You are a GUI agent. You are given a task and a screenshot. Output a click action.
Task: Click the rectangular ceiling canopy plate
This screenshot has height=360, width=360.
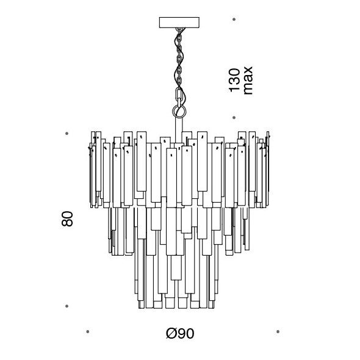[x=179, y=22]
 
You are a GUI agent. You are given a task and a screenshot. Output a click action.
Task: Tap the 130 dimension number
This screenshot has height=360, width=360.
[x=234, y=80]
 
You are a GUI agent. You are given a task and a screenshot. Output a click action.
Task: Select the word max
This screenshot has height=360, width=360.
[x=248, y=81]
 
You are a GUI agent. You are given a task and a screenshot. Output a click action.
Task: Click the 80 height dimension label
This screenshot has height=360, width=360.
[x=67, y=219]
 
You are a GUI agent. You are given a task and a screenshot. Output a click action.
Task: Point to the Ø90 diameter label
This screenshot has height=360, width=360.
[x=180, y=333]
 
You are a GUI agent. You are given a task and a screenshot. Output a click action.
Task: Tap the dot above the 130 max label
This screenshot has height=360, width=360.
[x=234, y=20]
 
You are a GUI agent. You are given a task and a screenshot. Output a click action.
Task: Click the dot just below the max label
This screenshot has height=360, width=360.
[x=234, y=118]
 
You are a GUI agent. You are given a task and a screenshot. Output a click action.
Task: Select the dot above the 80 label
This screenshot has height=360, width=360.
[x=67, y=134]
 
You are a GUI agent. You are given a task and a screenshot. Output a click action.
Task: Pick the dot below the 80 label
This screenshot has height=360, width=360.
[x=67, y=306]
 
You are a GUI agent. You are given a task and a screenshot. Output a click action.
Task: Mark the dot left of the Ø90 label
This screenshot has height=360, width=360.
[x=88, y=331]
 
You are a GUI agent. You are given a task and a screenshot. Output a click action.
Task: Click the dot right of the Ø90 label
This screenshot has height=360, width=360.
[x=278, y=331]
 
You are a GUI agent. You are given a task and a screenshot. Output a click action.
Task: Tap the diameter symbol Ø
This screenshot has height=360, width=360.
[x=171, y=333]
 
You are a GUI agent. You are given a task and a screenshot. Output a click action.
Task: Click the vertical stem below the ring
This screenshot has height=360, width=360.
[x=179, y=130]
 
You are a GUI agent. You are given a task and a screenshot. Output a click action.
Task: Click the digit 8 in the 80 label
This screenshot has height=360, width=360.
[x=67, y=223]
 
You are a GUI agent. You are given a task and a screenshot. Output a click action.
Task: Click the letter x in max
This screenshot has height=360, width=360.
[x=248, y=70]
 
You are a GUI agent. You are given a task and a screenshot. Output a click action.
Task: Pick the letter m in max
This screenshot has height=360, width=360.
[x=248, y=88]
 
